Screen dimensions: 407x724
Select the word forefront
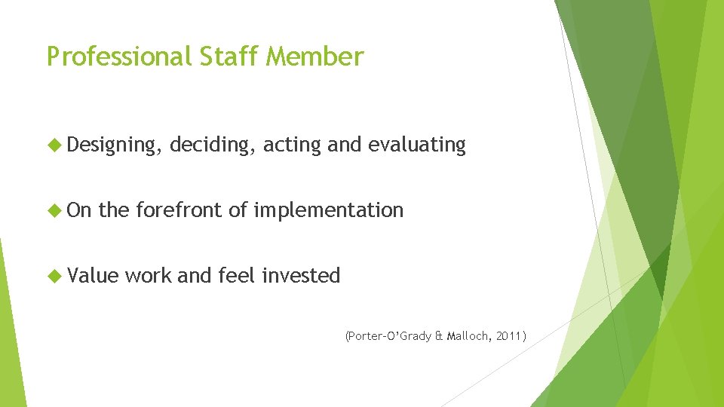tap(179, 210)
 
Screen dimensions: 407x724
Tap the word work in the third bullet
tap(148, 276)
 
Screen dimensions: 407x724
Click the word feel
tap(237, 276)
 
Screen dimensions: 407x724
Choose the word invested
tap(301, 276)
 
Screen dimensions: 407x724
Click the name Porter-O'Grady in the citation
tap(389, 336)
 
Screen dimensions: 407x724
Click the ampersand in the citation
tap(440, 336)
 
